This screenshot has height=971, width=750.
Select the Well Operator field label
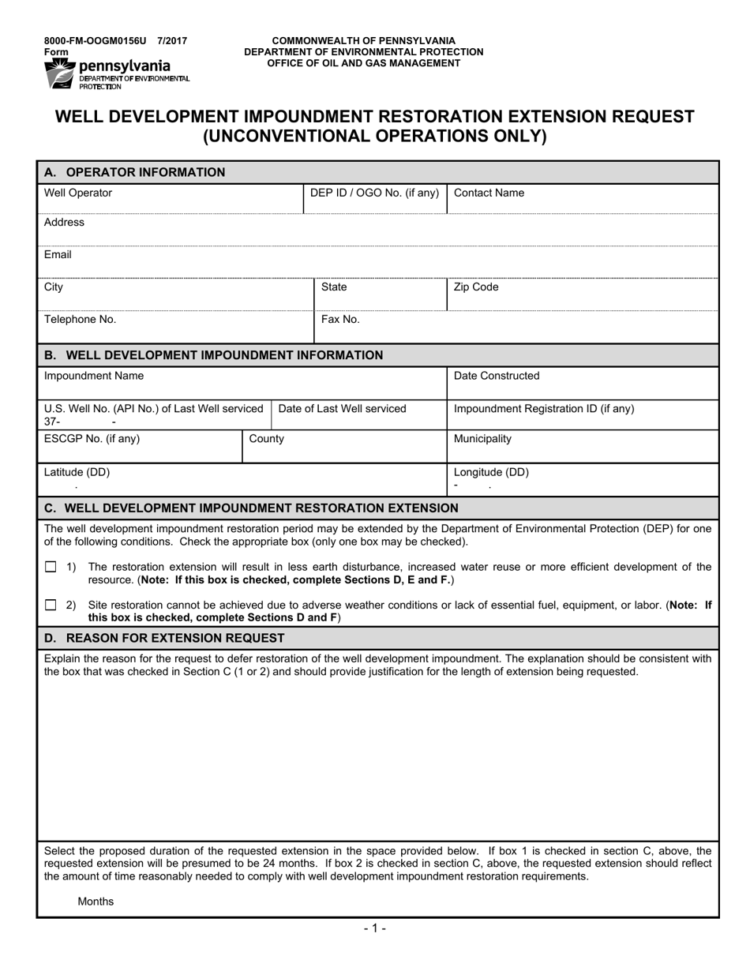point(78,193)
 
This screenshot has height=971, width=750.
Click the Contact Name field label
point(489,193)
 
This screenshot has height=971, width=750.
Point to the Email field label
point(58,255)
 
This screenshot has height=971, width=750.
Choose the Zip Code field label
point(476,287)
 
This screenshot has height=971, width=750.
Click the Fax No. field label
point(340,320)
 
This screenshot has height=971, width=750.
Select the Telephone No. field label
point(80,320)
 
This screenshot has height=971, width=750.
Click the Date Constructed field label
point(497,376)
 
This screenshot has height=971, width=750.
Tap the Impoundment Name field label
point(94,376)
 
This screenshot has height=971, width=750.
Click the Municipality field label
point(482,439)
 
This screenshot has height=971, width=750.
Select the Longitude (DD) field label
point(491,473)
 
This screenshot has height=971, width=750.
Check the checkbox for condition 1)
point(51,567)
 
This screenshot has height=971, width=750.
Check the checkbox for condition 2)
point(51,605)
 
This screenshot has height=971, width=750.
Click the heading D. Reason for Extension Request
point(164,638)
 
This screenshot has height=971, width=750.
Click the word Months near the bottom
point(96,902)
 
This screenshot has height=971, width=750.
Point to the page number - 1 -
point(375,929)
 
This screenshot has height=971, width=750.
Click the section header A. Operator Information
point(134,172)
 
